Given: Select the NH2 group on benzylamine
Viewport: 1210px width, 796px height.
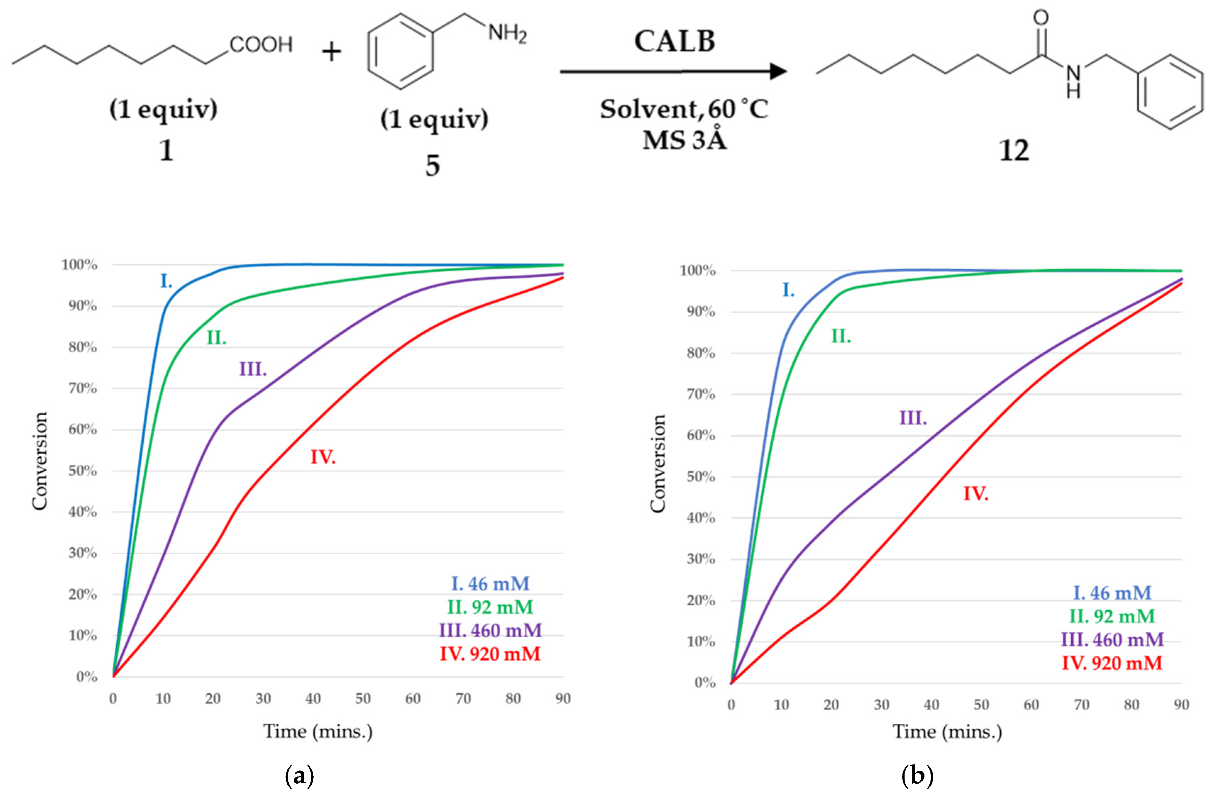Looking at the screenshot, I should coord(507,34).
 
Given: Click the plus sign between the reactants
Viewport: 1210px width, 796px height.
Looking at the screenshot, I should coord(331,52).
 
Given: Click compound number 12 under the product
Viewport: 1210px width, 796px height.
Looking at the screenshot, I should coord(1014,151).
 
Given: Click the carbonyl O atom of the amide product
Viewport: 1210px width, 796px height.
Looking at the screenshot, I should coord(1041,18).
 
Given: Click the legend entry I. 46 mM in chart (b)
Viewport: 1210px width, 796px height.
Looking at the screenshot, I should coord(1112,593).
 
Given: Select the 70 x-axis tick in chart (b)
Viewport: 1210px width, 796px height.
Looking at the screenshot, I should coord(1081,705).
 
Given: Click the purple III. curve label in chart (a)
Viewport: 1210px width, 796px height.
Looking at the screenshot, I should coord(253,369).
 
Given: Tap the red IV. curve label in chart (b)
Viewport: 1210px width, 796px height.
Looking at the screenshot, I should coord(976,494).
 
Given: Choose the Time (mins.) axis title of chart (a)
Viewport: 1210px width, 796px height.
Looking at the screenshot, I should coord(318,731).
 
